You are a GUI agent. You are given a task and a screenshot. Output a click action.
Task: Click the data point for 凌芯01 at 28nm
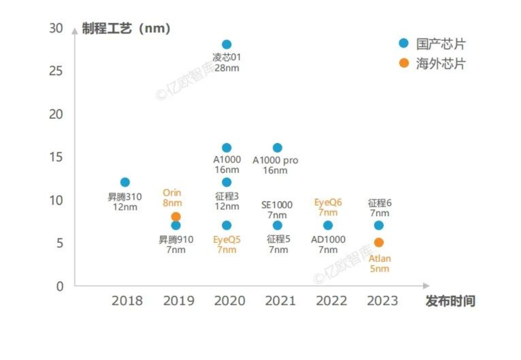pyautogui.click(x=227, y=45)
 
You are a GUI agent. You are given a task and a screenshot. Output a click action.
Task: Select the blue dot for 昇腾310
pyautogui.click(x=125, y=182)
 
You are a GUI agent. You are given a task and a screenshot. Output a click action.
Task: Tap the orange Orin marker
pyautogui.click(x=176, y=216)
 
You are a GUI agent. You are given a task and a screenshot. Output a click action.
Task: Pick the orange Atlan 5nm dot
pyautogui.click(x=379, y=242)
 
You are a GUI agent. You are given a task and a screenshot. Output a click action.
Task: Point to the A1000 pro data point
pyautogui.click(x=277, y=148)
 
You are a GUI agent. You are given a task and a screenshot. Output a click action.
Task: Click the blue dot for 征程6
pyautogui.click(x=379, y=225)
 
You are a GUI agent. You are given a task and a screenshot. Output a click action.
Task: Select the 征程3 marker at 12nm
pyautogui.click(x=227, y=182)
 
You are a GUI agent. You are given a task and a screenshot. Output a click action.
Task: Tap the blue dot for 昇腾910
pyautogui.click(x=176, y=225)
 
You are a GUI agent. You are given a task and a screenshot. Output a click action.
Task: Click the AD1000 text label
pyautogui.click(x=328, y=240)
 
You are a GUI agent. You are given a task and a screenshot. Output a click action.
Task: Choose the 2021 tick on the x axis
pyautogui.click(x=280, y=301)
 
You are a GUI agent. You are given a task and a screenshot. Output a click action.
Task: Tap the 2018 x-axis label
pyautogui.click(x=127, y=301)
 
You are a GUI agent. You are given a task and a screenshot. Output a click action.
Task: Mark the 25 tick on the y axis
pyautogui.click(x=56, y=71)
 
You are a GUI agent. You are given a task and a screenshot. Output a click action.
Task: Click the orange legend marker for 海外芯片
pyautogui.click(x=404, y=63)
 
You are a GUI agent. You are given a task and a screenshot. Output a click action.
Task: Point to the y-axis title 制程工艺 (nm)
pyautogui.click(x=126, y=29)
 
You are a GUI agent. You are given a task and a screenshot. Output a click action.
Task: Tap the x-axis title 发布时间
pyautogui.click(x=450, y=302)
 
